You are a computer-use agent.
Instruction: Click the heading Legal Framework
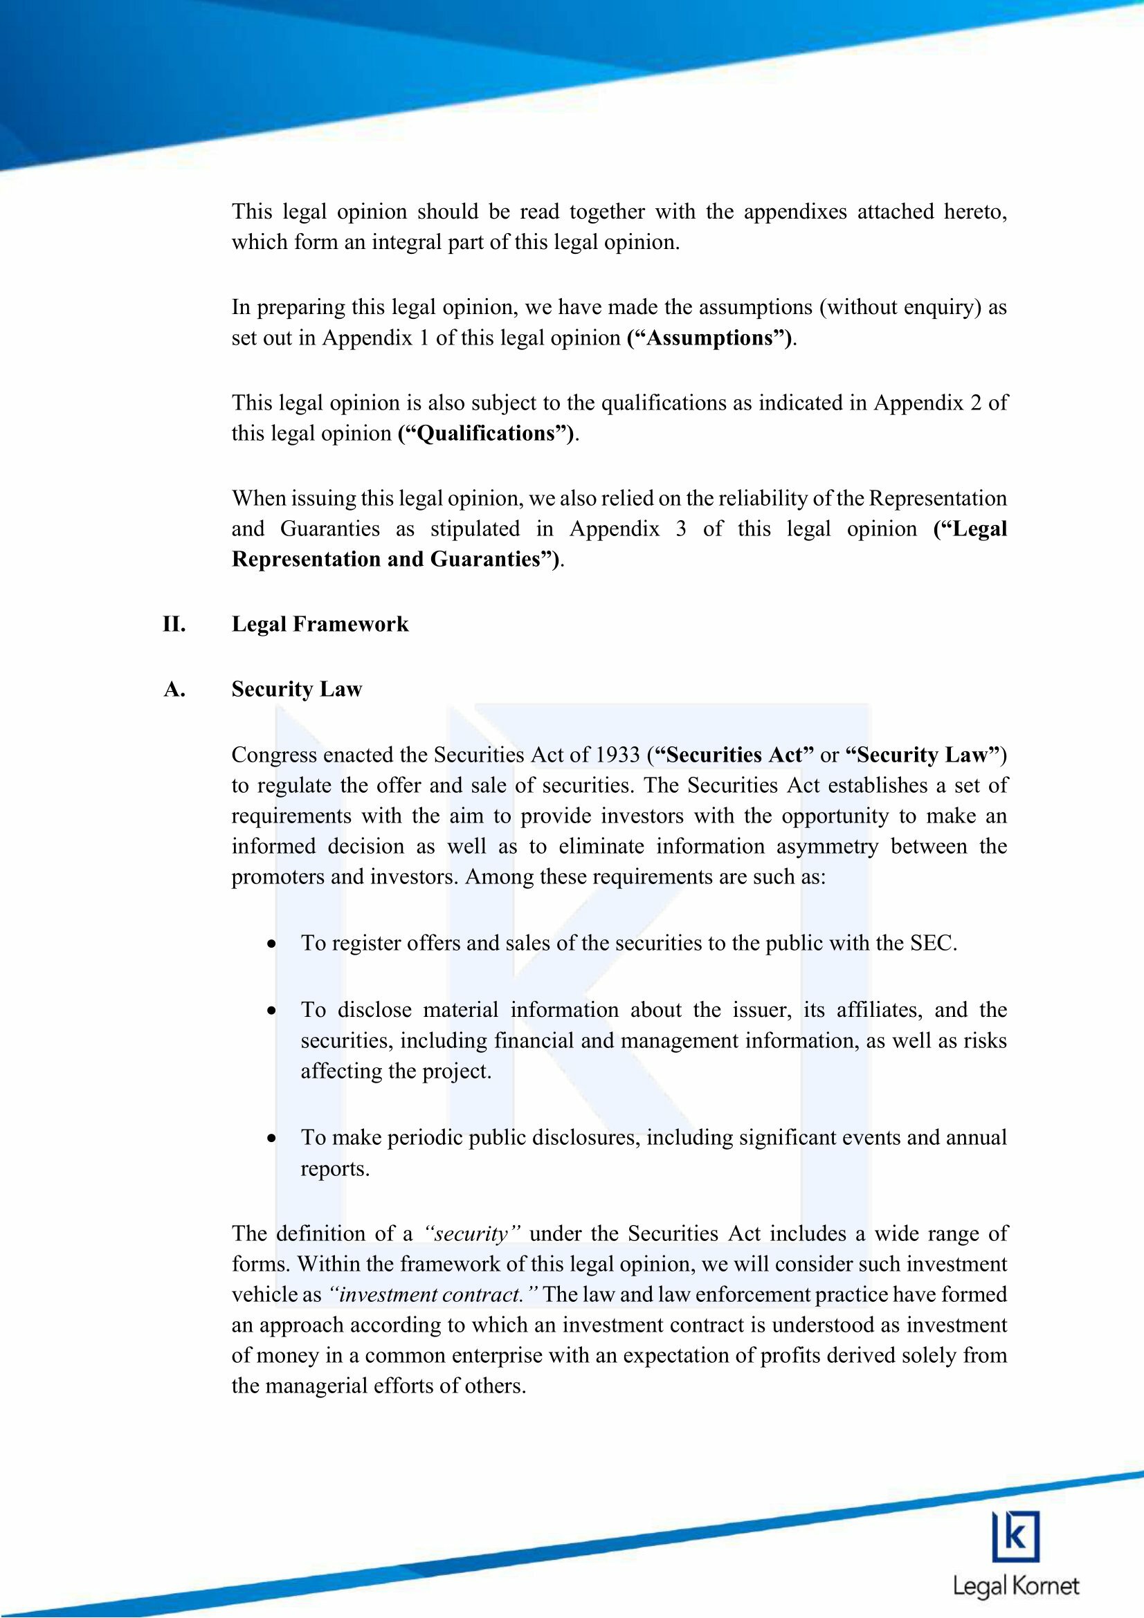pos(320,625)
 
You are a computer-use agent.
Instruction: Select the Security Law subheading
pos(297,689)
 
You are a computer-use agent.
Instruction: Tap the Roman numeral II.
pos(174,625)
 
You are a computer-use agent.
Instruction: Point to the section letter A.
pos(174,689)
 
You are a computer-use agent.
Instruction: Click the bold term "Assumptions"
pos(709,338)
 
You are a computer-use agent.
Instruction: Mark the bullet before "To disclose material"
pos(271,1011)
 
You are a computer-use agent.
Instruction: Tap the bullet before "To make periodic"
pos(271,1138)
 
